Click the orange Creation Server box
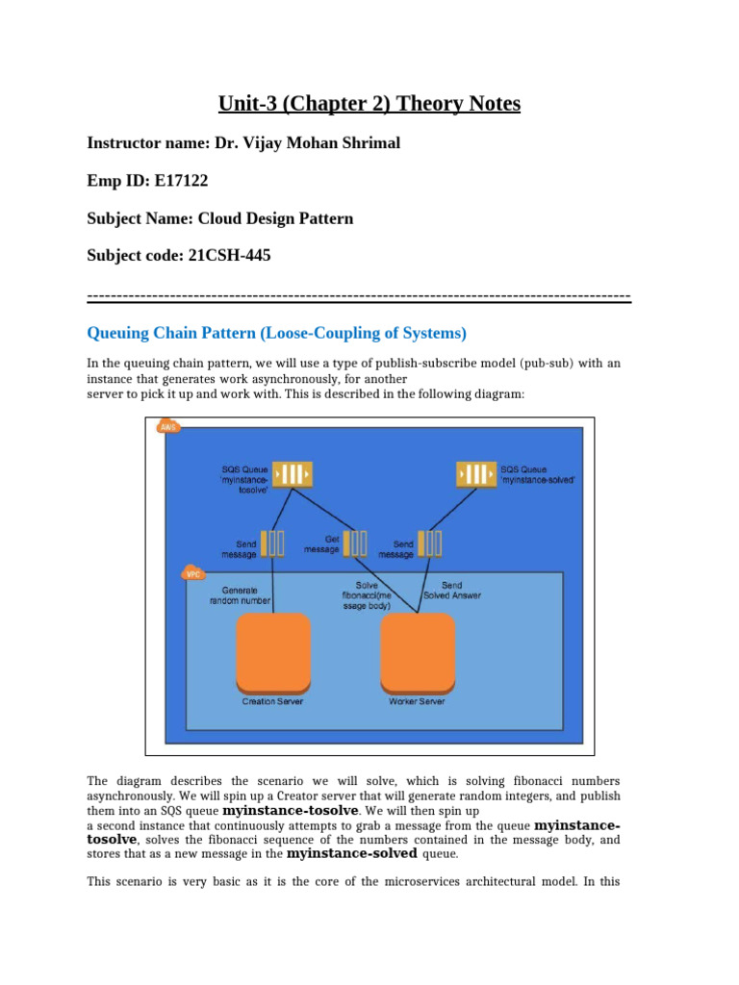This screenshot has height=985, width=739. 273,651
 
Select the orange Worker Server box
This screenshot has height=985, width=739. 418,651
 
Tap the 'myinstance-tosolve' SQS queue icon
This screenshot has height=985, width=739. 293,474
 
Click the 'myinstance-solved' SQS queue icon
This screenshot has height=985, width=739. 476,474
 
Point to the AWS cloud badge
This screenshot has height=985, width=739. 168,426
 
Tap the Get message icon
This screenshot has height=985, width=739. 355,543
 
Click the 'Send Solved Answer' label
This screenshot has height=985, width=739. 452,590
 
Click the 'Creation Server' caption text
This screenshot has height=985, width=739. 272,702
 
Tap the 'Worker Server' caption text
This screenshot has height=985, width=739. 417,702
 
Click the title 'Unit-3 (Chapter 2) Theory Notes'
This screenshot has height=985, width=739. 369,103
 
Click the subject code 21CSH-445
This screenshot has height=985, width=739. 224,256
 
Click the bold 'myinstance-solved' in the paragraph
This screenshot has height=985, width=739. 352,853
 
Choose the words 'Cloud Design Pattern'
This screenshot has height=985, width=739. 275,218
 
